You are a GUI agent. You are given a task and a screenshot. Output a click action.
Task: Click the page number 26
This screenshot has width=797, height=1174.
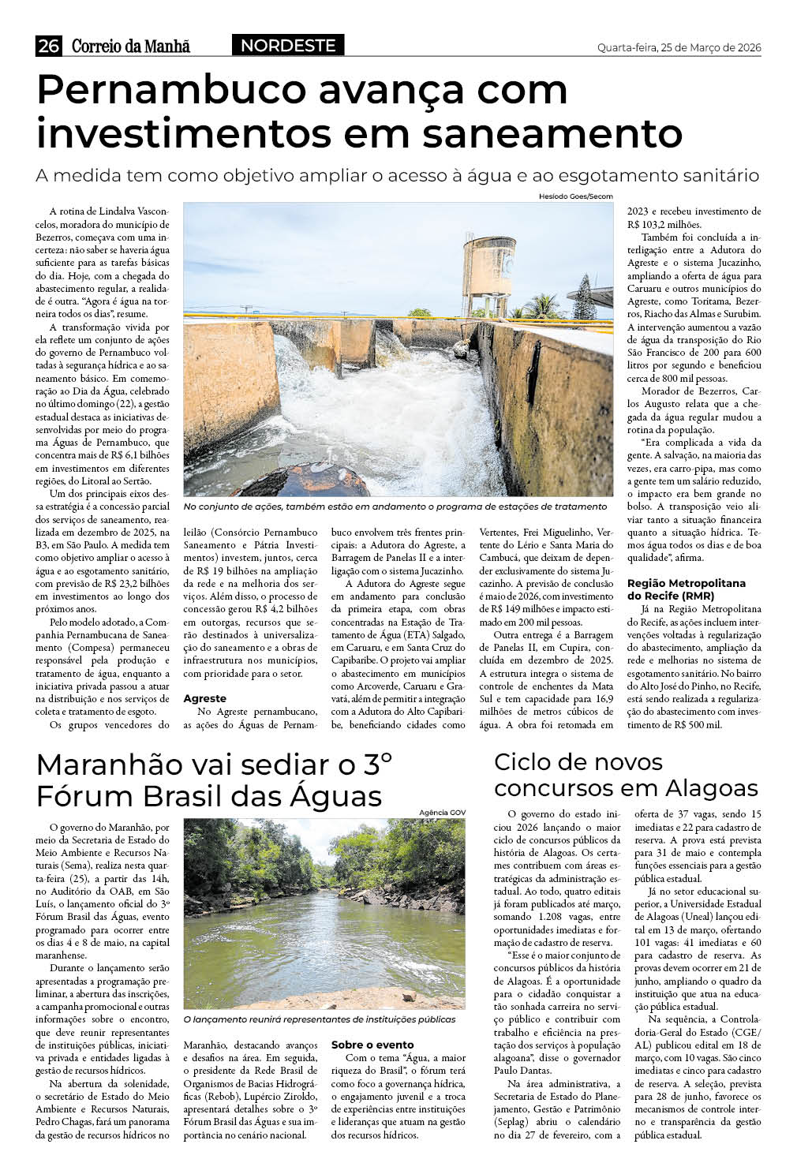point(48,47)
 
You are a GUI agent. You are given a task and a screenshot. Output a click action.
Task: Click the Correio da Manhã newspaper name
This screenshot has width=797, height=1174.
point(131,47)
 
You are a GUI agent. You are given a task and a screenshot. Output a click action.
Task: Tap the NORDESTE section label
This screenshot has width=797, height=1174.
point(288,46)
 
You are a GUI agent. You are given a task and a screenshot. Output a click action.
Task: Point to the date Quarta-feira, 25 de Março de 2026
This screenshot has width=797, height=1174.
point(679,47)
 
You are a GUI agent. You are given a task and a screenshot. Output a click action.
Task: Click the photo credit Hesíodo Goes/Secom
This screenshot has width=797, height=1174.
point(575,196)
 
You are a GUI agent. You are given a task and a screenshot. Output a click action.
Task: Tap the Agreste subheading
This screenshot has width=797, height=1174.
point(204,698)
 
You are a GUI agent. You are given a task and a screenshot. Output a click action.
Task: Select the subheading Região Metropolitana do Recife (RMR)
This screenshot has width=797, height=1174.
point(686,589)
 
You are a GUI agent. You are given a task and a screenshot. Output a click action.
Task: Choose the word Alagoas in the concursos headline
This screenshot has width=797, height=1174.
point(711,787)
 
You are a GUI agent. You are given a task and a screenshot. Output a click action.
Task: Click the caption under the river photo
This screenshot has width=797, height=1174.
point(319,1019)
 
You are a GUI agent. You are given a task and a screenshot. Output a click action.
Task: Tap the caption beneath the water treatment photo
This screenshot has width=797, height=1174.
point(395,507)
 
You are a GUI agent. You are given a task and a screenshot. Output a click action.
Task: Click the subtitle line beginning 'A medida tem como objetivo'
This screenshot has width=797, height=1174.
point(397,175)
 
